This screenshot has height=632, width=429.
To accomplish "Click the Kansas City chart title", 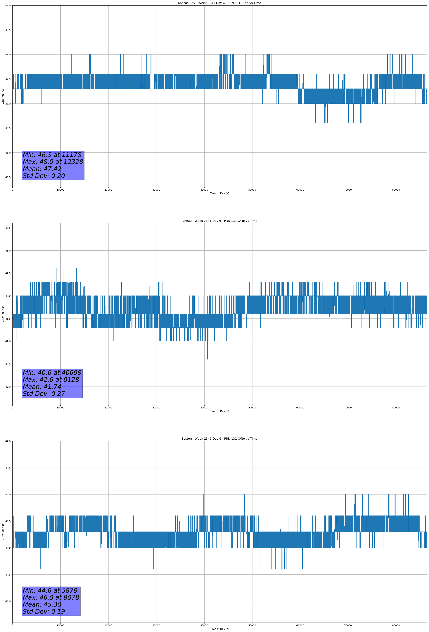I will (x=219, y=3).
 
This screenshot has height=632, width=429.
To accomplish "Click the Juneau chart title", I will (x=219, y=221).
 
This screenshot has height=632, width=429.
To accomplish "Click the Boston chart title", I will (x=219, y=439).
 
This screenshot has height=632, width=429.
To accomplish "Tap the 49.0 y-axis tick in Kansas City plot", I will (x=8, y=6).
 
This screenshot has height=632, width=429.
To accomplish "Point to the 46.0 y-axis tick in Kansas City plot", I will (x=8, y=152).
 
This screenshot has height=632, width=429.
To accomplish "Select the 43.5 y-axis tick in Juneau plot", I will (x=8, y=228).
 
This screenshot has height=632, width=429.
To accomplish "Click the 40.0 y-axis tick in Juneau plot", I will (x=8, y=387).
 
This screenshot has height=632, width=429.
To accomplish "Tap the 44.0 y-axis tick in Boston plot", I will (x=8, y=601).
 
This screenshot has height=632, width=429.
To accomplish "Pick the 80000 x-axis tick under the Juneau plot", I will (x=396, y=408).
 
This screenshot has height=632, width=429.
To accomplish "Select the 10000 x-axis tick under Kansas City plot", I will (x=60, y=190).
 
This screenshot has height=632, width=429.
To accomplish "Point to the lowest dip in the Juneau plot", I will (x=208, y=359).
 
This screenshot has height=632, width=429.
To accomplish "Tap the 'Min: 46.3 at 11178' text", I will (x=52, y=155).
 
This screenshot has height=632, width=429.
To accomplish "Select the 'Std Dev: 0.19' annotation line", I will (x=44, y=612).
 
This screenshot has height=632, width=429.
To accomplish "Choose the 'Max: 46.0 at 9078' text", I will (x=51, y=597).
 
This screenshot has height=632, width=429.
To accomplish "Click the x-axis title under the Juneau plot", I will (x=219, y=411).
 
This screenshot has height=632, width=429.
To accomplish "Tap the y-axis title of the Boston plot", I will (x=3, y=532).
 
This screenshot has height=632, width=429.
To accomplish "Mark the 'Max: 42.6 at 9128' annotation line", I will (x=51, y=380).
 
